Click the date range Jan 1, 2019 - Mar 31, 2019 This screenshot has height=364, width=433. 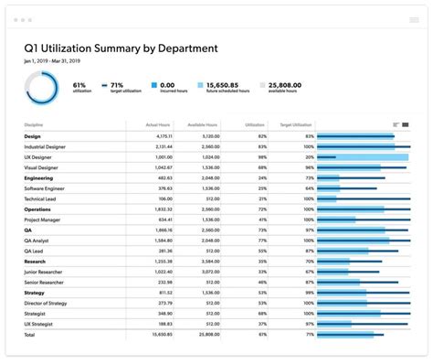pos(61,61)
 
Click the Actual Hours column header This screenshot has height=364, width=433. pos(158,124)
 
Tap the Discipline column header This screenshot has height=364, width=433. pos(36,124)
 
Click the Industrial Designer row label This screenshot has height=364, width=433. pos(46,146)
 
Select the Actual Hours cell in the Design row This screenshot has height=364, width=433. pos(160,136)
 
